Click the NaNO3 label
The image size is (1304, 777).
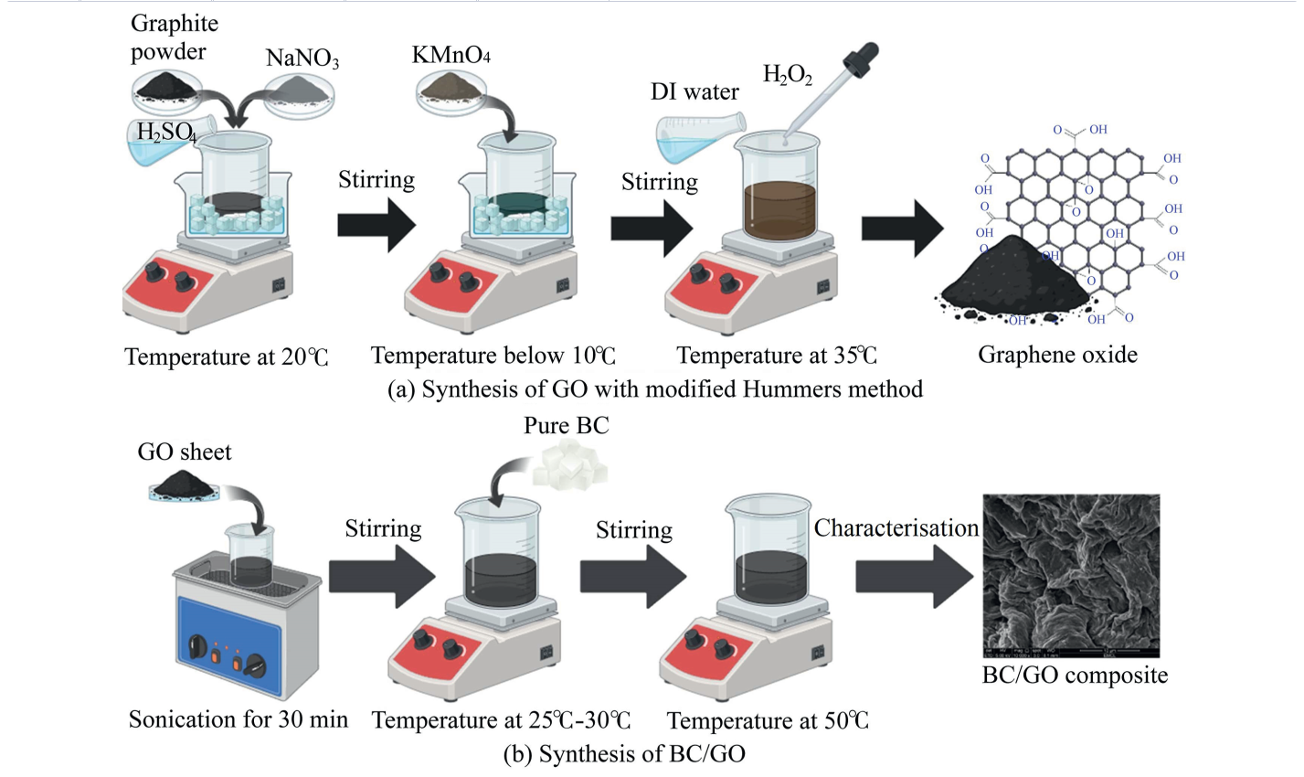(x=302, y=59)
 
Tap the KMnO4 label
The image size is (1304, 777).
(x=451, y=56)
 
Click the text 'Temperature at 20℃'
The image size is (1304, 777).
(x=226, y=357)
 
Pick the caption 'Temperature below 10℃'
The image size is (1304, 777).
(x=493, y=356)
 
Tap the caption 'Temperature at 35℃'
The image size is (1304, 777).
(x=777, y=356)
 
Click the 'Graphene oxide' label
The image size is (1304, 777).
(x=1057, y=355)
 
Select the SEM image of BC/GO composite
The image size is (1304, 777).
(x=1070, y=575)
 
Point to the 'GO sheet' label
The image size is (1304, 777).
(x=185, y=452)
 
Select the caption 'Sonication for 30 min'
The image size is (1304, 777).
(x=239, y=719)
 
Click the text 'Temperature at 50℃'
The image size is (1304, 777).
(x=768, y=721)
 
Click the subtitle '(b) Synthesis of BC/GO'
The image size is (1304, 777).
(x=624, y=754)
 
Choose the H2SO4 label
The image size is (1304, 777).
(x=166, y=133)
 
